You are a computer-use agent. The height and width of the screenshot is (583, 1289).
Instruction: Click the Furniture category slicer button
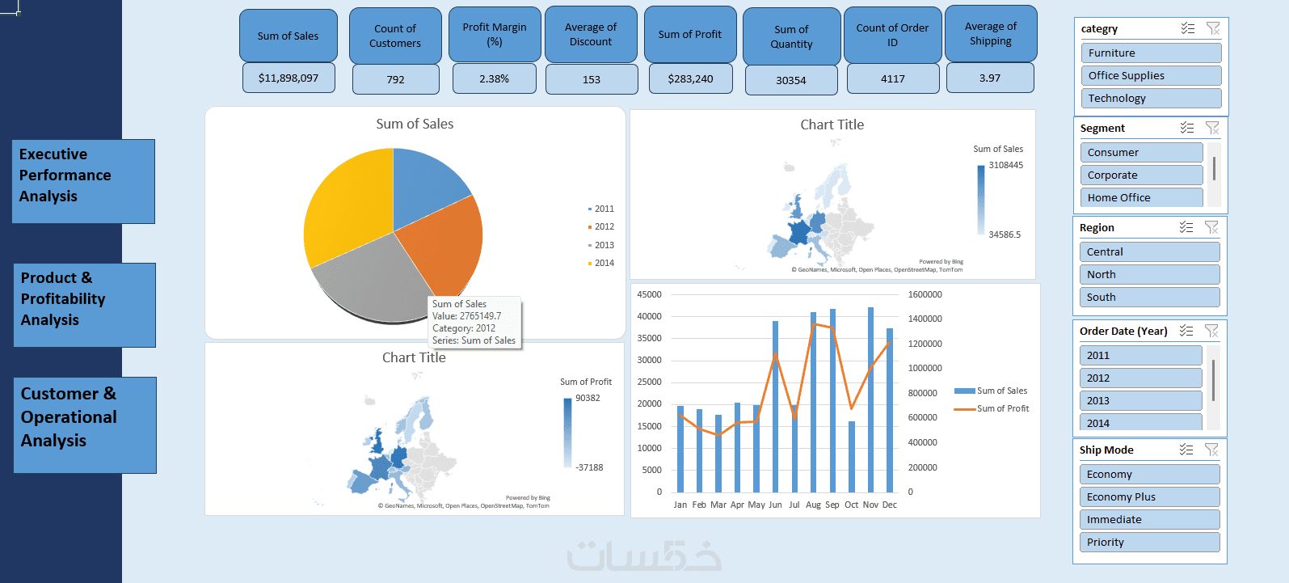[1150, 53]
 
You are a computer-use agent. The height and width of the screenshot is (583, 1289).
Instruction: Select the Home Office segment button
[1140, 198]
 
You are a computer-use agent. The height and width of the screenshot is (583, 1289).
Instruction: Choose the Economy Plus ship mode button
[1148, 497]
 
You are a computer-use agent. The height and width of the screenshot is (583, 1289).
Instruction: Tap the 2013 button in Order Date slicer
[1139, 401]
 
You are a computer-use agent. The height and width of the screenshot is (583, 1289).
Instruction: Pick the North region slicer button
[1148, 275]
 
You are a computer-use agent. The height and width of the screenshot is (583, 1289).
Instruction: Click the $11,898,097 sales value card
[289, 78]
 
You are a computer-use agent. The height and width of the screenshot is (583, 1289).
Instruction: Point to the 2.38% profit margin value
[494, 79]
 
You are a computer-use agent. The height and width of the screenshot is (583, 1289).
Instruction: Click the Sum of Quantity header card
[791, 37]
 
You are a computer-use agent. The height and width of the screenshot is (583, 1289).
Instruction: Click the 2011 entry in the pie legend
[603, 209]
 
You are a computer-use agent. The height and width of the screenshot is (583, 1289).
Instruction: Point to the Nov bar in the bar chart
[870, 399]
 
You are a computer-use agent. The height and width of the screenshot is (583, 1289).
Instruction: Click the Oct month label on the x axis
[851, 505]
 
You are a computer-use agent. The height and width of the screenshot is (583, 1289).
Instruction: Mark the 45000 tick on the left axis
[649, 294]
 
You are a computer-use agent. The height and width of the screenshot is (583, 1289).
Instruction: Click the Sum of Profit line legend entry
[1002, 409]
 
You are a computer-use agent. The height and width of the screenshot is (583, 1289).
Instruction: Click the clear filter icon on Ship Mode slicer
[1211, 450]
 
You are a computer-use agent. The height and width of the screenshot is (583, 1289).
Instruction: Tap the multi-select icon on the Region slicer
[1186, 227]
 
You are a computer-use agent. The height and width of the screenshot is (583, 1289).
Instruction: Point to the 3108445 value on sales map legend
[1005, 165]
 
